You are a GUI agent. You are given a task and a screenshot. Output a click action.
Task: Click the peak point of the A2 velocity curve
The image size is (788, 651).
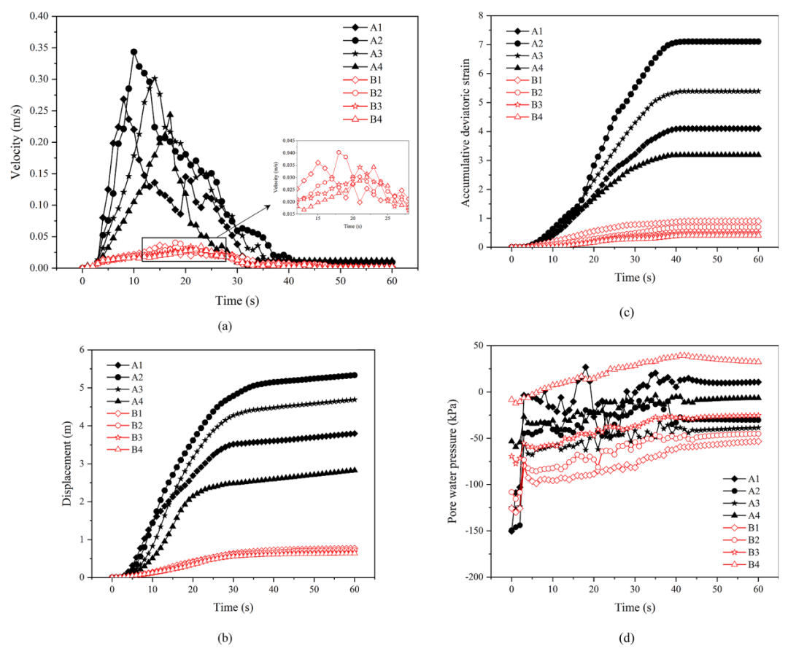[x=134, y=52]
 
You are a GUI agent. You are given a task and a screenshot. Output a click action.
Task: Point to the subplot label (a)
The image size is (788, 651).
[x=225, y=327]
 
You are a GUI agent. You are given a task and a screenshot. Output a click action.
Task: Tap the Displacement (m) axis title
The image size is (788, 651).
[x=66, y=463]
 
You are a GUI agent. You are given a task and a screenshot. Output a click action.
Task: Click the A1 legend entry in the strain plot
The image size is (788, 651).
[x=536, y=31]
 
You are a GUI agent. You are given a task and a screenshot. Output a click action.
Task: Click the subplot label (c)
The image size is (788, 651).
[x=625, y=313]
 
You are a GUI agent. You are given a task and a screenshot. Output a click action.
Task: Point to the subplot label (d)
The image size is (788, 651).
[x=625, y=639]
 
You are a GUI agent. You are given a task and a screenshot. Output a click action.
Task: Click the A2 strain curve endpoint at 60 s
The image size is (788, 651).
[x=758, y=42]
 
